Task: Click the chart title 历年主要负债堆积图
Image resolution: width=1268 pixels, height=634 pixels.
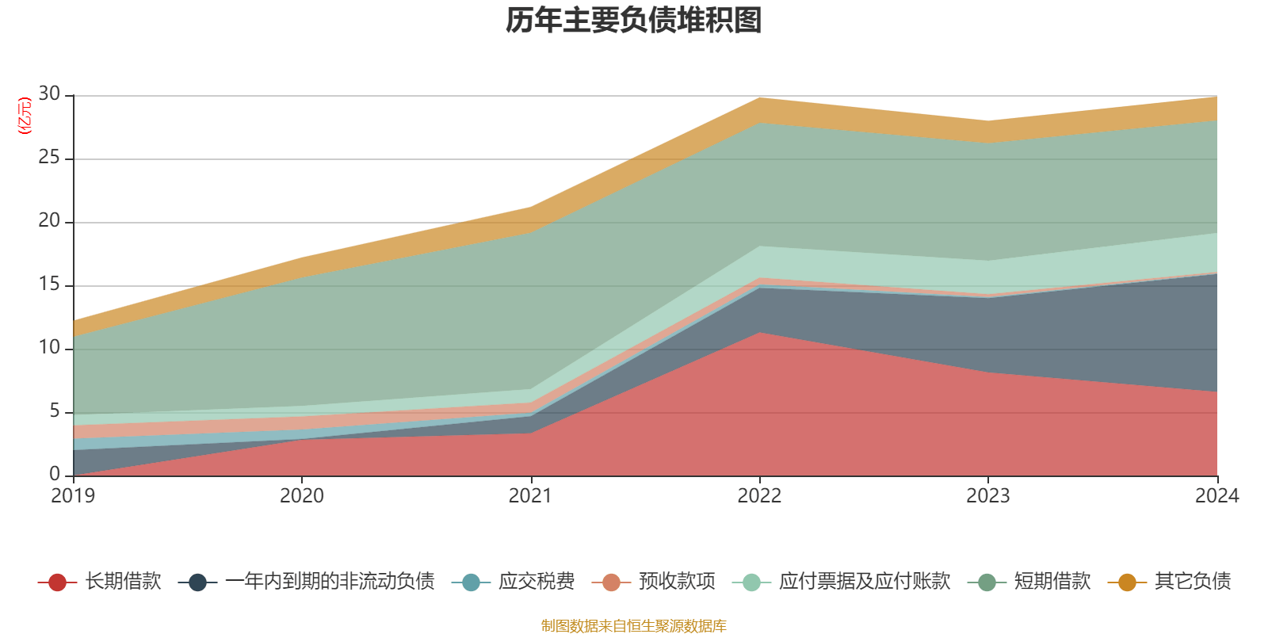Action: (x=634, y=21)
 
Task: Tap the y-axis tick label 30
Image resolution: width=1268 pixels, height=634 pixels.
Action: (x=49, y=94)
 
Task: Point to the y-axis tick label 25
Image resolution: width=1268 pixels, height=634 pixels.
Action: (x=49, y=158)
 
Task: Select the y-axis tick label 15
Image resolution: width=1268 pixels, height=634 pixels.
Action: (x=49, y=285)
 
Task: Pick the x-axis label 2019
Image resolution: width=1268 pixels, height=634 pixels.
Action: (x=73, y=496)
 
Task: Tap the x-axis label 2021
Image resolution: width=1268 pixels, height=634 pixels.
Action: (x=530, y=496)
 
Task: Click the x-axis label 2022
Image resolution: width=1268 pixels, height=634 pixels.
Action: (x=759, y=496)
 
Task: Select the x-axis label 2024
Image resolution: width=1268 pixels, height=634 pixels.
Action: (x=1216, y=496)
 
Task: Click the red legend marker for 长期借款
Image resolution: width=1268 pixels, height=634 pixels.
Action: (x=57, y=582)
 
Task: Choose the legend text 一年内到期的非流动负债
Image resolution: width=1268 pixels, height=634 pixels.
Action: (x=330, y=582)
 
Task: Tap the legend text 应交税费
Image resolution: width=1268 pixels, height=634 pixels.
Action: (x=537, y=582)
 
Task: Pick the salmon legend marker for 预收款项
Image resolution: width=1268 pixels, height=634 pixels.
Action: (x=611, y=582)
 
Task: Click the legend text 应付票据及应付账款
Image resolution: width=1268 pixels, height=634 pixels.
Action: (x=864, y=582)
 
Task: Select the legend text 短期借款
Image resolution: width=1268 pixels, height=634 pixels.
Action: (x=1052, y=582)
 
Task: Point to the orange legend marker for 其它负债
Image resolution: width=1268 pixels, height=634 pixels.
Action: (x=1127, y=582)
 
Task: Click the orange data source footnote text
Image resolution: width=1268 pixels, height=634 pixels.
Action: (x=634, y=626)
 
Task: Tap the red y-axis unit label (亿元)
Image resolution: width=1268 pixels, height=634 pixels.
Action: (x=24, y=116)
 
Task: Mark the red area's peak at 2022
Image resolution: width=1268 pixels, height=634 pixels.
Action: (x=759, y=334)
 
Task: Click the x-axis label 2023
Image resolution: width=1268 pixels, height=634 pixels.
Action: (x=987, y=496)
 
